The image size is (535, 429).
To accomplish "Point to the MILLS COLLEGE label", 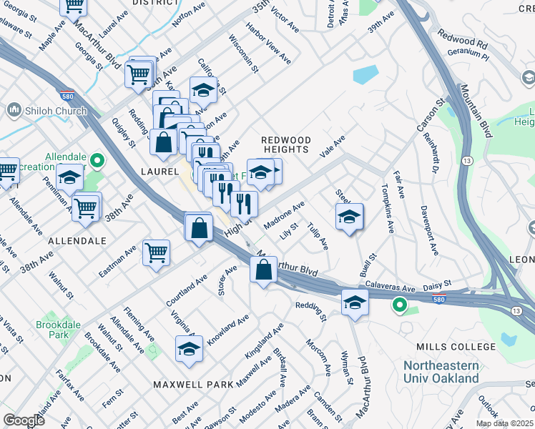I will click(x=456, y=347).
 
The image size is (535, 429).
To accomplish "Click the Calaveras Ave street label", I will click(x=390, y=287).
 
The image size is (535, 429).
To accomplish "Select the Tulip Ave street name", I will click(x=317, y=237).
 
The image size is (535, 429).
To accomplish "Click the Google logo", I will click(x=24, y=420).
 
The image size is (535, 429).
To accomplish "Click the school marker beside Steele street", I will click(x=349, y=217).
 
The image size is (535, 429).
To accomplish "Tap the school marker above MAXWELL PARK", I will click(x=189, y=349).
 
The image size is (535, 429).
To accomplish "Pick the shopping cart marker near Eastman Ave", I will click(x=156, y=252).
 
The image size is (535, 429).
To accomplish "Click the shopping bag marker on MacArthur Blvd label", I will click(x=263, y=270).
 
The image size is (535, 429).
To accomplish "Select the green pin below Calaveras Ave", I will click(x=399, y=307).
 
